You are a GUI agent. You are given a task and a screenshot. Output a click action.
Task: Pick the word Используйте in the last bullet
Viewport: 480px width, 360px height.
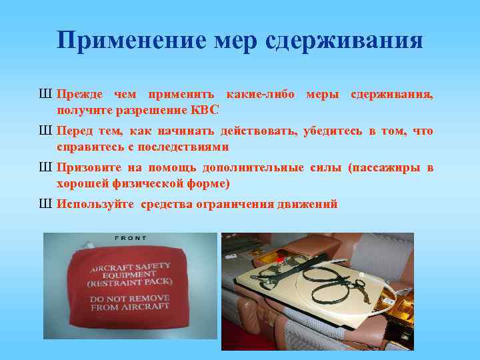[95, 204]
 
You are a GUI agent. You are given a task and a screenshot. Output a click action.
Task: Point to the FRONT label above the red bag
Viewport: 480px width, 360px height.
[130, 238]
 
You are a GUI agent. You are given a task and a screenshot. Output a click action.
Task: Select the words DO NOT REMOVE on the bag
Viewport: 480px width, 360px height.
[130, 298]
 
